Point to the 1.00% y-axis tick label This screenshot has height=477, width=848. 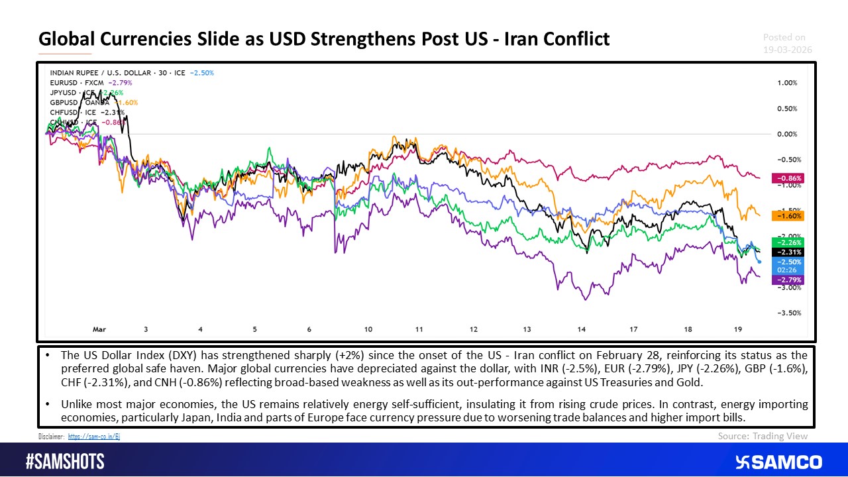786,83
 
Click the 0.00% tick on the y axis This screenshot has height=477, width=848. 786,134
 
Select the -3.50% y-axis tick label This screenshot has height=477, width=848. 786,313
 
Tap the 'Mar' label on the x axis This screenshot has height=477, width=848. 99,329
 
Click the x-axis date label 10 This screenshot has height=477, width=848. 368,329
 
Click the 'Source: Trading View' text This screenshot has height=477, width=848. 763,436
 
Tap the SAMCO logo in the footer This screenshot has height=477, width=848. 778,462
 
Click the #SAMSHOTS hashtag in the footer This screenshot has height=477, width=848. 64,462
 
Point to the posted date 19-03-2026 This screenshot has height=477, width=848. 787,50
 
